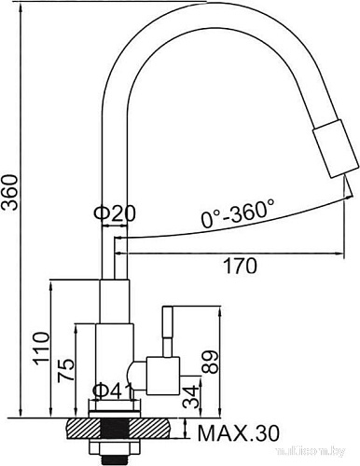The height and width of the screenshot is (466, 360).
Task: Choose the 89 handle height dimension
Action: (x=211, y=360)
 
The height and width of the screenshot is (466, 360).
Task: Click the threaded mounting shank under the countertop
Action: (x=116, y=445)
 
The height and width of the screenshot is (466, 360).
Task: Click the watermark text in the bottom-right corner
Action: (x=328, y=459)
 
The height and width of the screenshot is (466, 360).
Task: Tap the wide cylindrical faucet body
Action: (x=115, y=359)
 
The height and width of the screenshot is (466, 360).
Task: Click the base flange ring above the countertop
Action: (x=116, y=407)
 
